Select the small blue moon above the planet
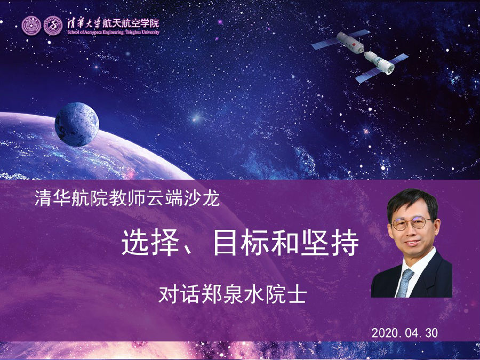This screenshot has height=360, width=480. click(76, 124)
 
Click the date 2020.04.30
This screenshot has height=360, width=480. click(404, 333)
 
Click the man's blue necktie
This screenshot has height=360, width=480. click(404, 282)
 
